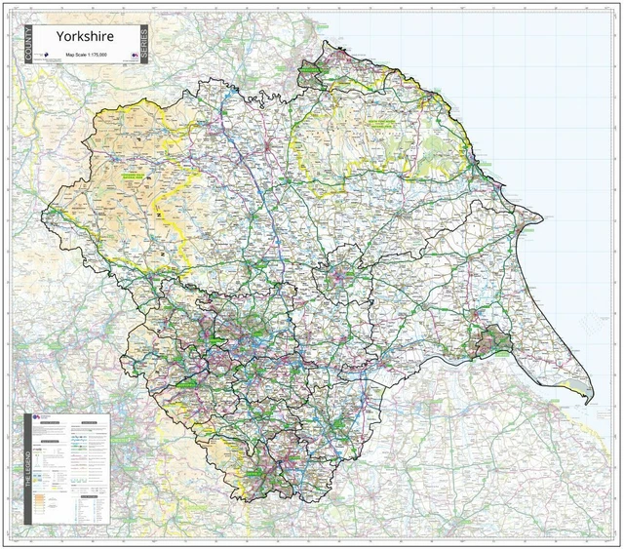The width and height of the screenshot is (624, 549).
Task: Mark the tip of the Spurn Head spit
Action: tap(586, 403)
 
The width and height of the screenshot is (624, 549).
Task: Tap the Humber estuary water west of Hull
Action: tap(444, 358)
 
